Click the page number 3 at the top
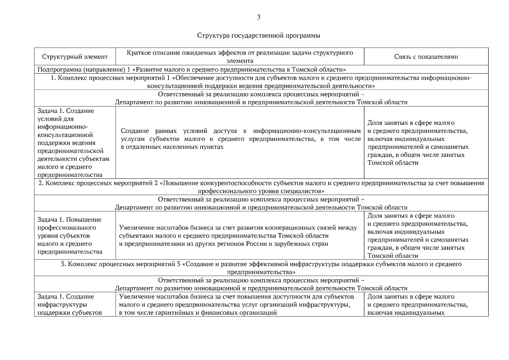258,17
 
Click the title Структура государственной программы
258,35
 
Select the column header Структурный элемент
75,57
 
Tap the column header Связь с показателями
426,57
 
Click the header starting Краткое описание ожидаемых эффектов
240,57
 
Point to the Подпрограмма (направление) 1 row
192,70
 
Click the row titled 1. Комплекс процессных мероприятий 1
261,82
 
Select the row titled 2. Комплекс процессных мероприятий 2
261,187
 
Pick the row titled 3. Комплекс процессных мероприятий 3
261,268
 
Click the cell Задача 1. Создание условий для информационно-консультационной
73,143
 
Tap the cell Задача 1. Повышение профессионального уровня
70,235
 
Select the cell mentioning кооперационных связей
238,235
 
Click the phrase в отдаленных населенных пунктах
172,147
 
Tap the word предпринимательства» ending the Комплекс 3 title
261,272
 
